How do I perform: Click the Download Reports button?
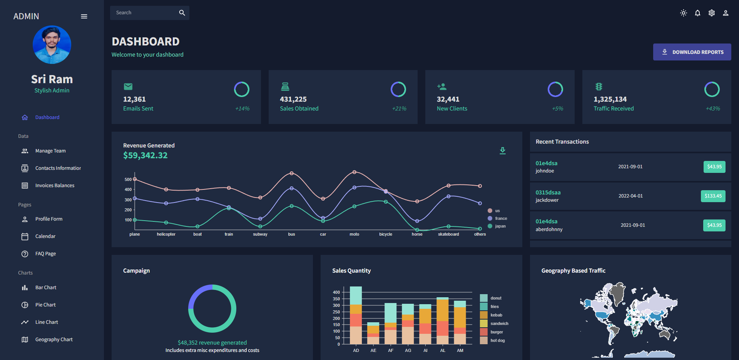[692, 52]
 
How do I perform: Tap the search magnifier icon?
[182, 13]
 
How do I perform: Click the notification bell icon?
[697, 13]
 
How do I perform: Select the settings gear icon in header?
[712, 13]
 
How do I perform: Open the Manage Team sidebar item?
[50, 151]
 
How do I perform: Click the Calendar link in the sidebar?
[45, 236]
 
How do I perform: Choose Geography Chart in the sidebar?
[54, 340]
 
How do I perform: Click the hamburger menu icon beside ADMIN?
[84, 16]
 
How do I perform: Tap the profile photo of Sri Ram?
[52, 45]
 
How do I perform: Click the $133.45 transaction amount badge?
[713, 196]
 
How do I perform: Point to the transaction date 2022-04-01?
[630, 196]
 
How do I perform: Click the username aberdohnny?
[549, 229]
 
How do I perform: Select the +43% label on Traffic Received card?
[713, 109]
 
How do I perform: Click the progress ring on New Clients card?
[555, 89]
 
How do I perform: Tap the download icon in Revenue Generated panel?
[503, 151]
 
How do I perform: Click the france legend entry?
[500, 218]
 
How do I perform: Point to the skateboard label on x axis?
[448, 234]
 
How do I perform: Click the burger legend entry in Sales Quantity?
[496, 332]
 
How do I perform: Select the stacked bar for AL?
[443, 321]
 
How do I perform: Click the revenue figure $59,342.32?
[145, 156]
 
